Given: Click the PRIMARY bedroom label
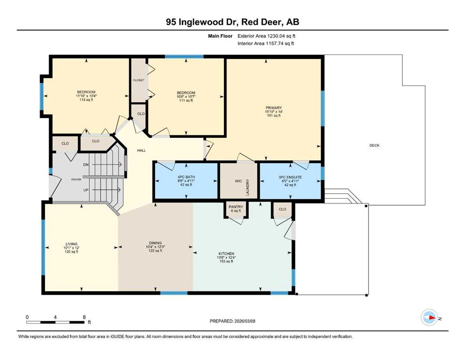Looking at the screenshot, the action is (x=273, y=108).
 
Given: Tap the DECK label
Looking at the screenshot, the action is (x=374, y=145).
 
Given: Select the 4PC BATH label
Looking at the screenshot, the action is (x=186, y=177).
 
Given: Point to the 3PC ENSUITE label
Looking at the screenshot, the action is (x=290, y=177).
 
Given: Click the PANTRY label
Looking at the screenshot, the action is (x=236, y=207).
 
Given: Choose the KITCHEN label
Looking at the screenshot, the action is (x=226, y=254).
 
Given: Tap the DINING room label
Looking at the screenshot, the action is (x=155, y=243).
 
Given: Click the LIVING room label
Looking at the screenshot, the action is (x=72, y=244).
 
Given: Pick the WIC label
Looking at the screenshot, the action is (x=238, y=181).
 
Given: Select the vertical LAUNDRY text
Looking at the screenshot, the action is (x=247, y=187).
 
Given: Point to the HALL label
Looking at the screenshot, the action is (x=141, y=150).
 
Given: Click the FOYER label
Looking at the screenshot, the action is (x=76, y=180).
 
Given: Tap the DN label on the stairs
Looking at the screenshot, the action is (x=86, y=165).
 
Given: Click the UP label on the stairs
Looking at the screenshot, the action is (x=86, y=190).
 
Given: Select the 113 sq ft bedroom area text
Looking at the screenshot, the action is (x=86, y=100).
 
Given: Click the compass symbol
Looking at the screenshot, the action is (x=429, y=317).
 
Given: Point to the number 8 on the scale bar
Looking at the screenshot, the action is (x=84, y=317).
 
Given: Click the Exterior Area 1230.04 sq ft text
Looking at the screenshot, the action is (x=266, y=36).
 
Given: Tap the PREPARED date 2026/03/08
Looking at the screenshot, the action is (x=244, y=321).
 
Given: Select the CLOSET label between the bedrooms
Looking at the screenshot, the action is (x=139, y=80).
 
